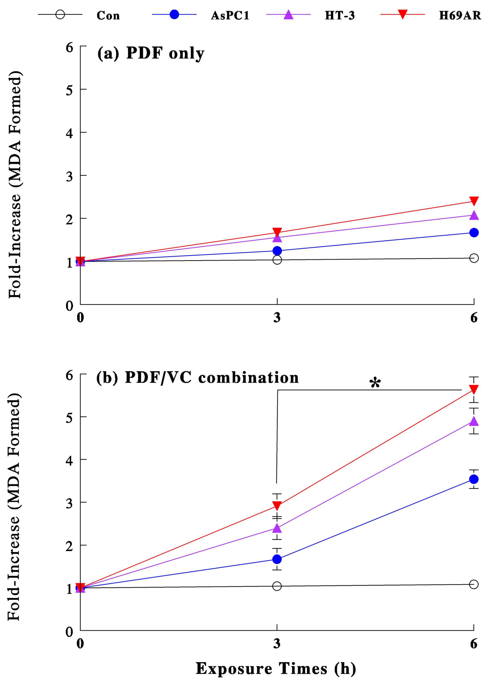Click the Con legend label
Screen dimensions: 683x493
[x=108, y=15]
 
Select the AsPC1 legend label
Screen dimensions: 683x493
[x=230, y=15]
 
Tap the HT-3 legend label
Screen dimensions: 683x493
[x=340, y=15]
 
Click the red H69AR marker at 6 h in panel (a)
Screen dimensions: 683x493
[x=474, y=201]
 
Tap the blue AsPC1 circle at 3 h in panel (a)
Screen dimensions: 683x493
[x=277, y=251]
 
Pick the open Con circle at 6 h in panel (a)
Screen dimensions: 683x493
[x=474, y=258]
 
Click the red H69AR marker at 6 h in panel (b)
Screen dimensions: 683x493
[x=474, y=389]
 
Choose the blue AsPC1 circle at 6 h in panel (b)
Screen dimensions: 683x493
[x=474, y=479]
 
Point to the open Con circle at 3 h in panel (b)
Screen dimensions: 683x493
[x=277, y=586]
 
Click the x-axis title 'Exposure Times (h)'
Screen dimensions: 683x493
[x=276, y=668]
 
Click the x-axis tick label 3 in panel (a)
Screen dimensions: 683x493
[x=277, y=318]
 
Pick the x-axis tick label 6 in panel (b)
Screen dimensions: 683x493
[x=474, y=644]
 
